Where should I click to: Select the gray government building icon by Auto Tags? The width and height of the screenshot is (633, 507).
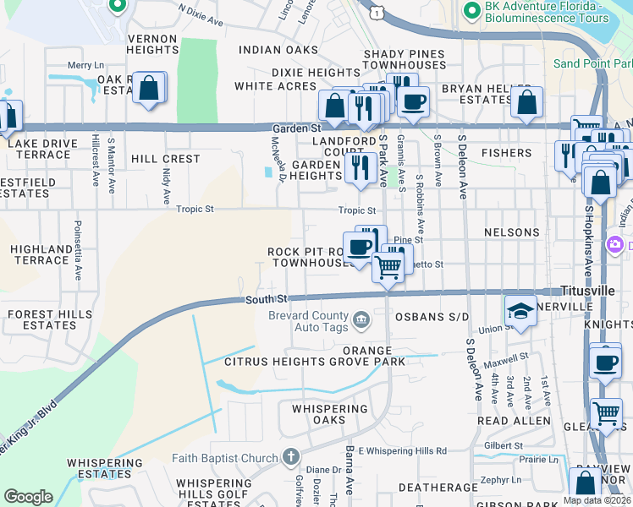tap(361, 319)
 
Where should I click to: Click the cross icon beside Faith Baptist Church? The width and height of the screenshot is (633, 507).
tap(290, 457)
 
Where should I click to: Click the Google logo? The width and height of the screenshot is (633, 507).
tap(28, 496)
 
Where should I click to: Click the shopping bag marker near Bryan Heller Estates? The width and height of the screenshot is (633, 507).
tap(526, 101)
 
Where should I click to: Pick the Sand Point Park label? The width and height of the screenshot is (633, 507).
tap(592, 63)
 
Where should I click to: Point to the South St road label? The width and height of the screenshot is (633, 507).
tap(267, 299)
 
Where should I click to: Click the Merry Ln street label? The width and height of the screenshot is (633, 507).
tap(85, 65)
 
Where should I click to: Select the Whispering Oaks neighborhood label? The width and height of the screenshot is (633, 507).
tap(331, 414)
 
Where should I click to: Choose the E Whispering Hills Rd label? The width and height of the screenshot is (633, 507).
tap(402, 451)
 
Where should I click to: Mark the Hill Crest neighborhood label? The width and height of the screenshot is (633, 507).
tap(166, 159)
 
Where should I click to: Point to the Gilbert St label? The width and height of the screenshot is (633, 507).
tap(515, 444)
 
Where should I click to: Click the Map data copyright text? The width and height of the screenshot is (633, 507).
tap(597, 500)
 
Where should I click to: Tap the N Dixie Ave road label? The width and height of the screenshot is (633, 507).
tap(201, 14)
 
